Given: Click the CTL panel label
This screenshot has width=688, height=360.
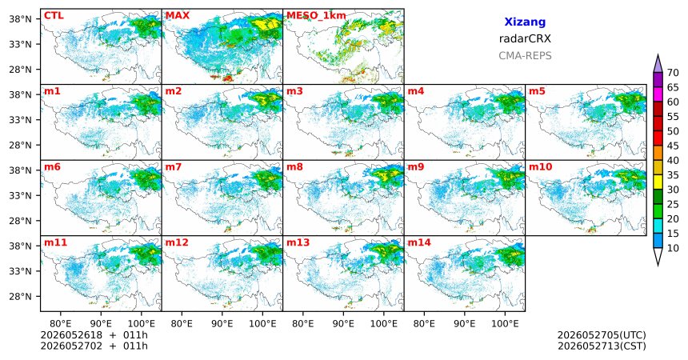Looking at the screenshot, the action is tap(54, 16).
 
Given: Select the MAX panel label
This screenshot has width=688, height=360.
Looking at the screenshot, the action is tap(178, 16).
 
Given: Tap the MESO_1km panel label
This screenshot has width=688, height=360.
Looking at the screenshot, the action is tap(316, 16).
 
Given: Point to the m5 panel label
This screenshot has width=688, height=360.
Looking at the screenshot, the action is tap(537, 91).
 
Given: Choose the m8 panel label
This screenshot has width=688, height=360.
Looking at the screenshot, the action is tap(295, 167).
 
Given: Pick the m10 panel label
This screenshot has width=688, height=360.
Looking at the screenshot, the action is tap(541, 167).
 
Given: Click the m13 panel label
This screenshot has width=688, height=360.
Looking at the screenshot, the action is tap(298, 242).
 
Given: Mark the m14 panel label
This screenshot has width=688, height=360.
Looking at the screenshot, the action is tap(419, 242).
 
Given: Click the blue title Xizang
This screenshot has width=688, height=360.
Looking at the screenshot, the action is tap(525, 22).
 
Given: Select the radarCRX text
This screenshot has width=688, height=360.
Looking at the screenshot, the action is tap(525, 38).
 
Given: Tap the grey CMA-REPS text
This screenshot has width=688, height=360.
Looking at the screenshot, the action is tap(525, 56).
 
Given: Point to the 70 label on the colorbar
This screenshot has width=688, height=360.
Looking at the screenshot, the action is tap(673, 73).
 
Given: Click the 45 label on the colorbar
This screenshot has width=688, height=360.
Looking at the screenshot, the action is tap(673, 146).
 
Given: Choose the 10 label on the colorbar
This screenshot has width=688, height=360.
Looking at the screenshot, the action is tap(673, 248).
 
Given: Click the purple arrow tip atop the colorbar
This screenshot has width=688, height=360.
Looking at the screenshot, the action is tap(658, 55).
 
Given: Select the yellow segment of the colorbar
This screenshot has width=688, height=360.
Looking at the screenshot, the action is tap(658, 182).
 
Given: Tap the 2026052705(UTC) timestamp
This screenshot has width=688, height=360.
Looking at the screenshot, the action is tap(602, 335).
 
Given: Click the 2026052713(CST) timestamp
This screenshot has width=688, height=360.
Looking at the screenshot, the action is tap(602, 346).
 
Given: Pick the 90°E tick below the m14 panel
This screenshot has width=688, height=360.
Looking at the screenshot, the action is tap(465, 324).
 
